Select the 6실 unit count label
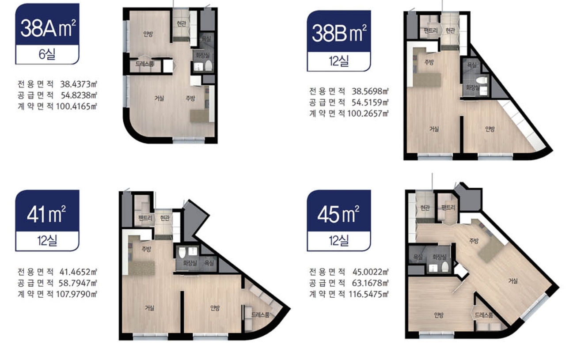pos(47,54)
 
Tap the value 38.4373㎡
pos(79,84)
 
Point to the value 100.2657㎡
pos(368,114)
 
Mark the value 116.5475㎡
pos(368,294)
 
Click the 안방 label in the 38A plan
pos(148,34)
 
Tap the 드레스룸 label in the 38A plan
pos(144,64)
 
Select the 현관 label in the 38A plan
pos(181,24)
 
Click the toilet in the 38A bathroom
pos(208,66)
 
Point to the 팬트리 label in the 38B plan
pos(430,30)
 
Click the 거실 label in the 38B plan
pos(434,129)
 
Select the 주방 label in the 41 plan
pos(146,249)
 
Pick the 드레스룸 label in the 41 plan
pos(260,315)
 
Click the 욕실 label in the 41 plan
pos(209,263)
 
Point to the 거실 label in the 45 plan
pos(513,281)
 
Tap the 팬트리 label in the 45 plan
pos(448,208)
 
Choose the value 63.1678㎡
pos(370,283)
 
